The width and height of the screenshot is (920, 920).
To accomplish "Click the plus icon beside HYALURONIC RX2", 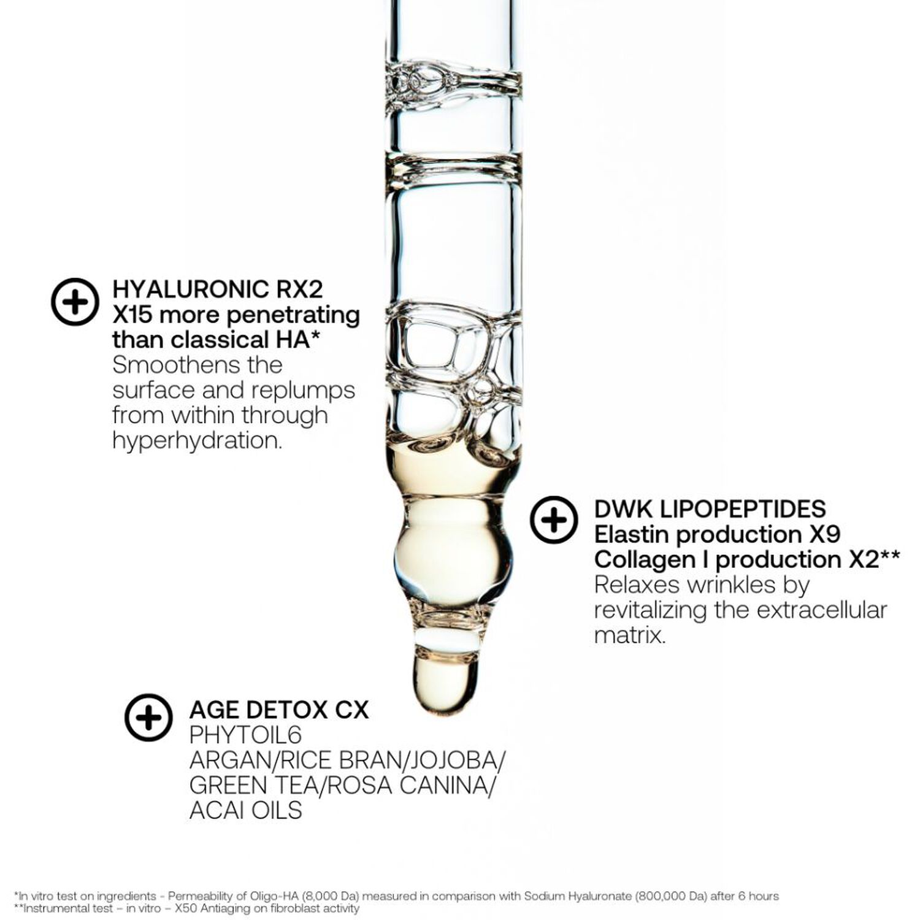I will (75, 302).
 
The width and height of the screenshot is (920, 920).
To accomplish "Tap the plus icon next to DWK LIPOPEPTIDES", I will (554, 520).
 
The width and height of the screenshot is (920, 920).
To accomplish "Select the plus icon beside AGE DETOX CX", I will (148, 718).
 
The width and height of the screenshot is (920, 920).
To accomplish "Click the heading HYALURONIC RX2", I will (217, 289).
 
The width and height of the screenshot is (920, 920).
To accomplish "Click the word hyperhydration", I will (197, 440).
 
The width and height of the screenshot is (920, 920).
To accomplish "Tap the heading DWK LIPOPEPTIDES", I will (710, 508).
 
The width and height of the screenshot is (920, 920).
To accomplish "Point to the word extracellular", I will (821, 610).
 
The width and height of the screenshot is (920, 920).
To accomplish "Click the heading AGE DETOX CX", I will (279, 710).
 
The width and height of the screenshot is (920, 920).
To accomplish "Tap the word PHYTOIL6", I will (245, 735).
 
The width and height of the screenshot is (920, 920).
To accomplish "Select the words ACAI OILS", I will (245, 811).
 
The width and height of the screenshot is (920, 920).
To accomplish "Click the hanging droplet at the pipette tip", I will (445, 681).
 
